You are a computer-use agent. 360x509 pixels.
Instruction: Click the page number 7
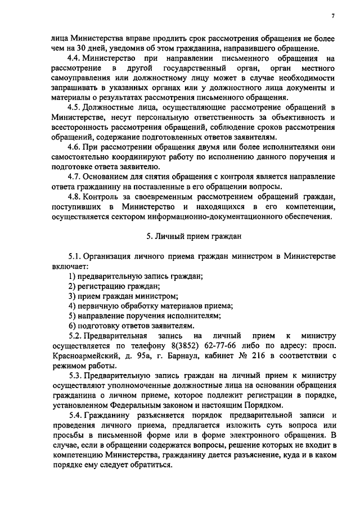point(332,16)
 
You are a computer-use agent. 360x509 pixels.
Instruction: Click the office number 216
point(244,355)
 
